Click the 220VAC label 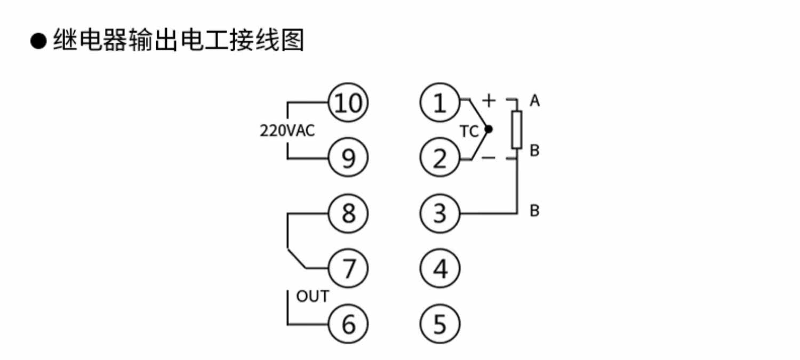pyautogui.click(x=287, y=131)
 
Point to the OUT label pyautogui.click(x=313, y=297)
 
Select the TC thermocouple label pyautogui.click(x=469, y=131)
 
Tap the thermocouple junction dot pyautogui.click(x=489, y=129)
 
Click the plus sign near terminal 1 pyautogui.click(x=489, y=100)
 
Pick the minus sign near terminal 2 pyautogui.click(x=489, y=157)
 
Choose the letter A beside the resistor pyautogui.click(x=534, y=101)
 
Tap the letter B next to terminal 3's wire pyautogui.click(x=534, y=211)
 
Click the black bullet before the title pyautogui.click(x=38, y=41)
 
